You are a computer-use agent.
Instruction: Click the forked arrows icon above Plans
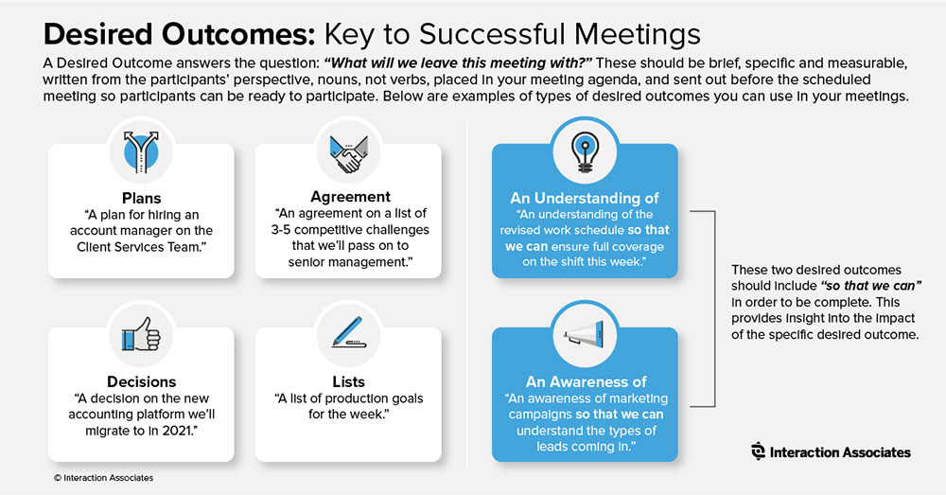click(141, 152)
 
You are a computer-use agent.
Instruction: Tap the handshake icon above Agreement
click(349, 154)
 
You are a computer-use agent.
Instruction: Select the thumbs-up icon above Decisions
click(141, 335)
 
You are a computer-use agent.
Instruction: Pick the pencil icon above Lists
click(349, 331)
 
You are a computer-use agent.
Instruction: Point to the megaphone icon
click(584, 333)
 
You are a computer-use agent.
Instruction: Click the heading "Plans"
click(141, 198)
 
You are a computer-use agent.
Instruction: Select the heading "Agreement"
click(351, 197)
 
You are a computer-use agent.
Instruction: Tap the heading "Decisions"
click(141, 381)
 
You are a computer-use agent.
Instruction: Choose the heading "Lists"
click(349, 381)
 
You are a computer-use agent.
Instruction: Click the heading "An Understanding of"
click(584, 198)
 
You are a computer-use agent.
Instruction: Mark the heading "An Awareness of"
click(586, 381)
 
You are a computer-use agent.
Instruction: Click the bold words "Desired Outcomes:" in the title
click(180, 34)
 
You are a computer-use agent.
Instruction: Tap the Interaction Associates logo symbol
click(758, 451)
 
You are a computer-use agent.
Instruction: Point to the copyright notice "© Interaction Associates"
click(103, 478)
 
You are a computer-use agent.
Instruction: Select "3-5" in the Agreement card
click(284, 230)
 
